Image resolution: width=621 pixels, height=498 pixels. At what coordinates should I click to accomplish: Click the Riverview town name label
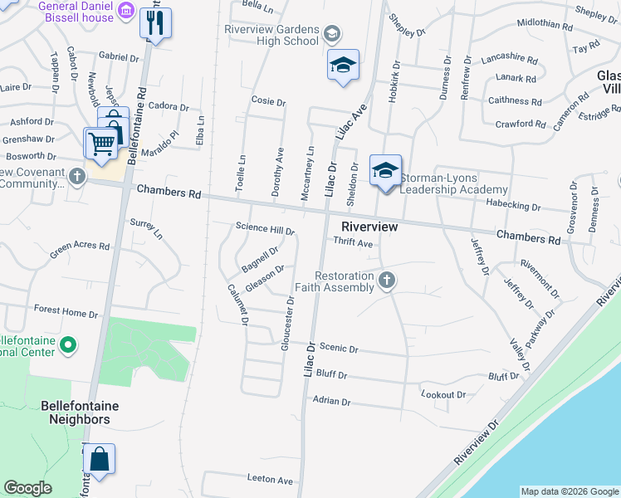[x=369, y=227]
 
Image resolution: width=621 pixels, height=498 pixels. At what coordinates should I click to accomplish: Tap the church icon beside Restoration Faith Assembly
[x=386, y=281]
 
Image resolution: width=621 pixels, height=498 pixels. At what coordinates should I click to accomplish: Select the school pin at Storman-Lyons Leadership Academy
[x=385, y=171]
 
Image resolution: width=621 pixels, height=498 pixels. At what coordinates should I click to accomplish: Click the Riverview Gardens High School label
[x=271, y=35]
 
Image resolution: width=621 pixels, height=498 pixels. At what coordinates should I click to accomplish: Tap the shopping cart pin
[x=102, y=142]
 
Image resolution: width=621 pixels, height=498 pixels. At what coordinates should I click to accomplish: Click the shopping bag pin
[x=99, y=459]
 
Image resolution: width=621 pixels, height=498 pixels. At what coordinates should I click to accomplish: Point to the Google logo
[x=27, y=488]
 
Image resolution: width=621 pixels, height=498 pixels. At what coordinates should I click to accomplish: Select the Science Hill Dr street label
[x=265, y=227]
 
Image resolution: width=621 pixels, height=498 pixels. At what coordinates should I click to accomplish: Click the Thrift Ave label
[x=353, y=243]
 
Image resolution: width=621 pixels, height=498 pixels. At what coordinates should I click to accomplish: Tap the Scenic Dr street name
[x=338, y=349]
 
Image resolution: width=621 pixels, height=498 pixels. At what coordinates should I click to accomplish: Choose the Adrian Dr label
[x=332, y=401]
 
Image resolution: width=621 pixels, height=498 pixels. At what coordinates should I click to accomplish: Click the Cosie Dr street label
[x=269, y=102]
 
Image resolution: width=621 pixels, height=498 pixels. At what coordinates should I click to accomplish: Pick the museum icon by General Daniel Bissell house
[x=126, y=11]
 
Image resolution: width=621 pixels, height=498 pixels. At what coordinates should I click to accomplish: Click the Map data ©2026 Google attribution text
[x=569, y=491]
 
